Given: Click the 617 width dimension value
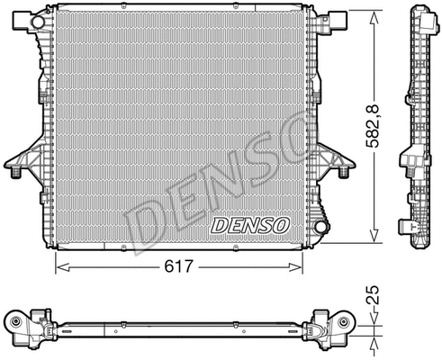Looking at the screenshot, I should [176, 267].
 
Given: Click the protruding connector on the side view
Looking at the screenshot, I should [408, 163].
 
